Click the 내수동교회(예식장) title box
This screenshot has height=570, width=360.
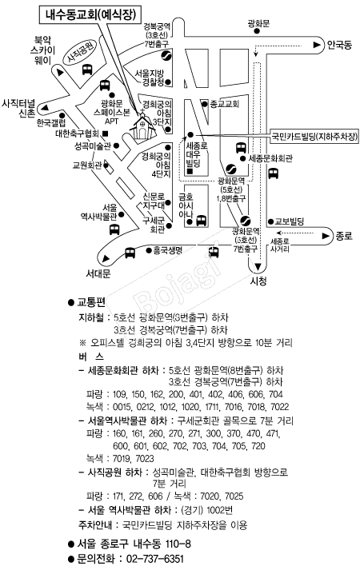point(88,14)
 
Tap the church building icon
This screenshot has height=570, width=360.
point(142,126)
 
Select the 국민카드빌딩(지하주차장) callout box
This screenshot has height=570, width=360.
point(315,137)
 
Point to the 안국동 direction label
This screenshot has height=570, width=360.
point(339,45)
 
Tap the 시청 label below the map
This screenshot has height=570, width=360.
point(258,281)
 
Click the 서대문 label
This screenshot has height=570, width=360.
point(98,273)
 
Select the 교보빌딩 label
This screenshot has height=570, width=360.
point(290,221)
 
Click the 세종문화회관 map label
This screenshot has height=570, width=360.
point(270,158)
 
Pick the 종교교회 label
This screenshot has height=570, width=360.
point(224,104)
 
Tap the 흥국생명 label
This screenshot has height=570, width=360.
point(168,250)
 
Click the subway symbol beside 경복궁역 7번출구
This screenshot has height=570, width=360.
point(166,56)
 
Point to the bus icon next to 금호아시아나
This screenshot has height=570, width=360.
point(201,221)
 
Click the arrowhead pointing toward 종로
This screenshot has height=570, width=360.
point(326,237)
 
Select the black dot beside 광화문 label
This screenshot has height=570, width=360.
point(257,32)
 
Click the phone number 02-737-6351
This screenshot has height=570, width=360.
point(154,558)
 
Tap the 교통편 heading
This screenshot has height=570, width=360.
point(91,302)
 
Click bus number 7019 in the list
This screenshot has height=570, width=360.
point(122,458)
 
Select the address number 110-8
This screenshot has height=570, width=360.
point(178,544)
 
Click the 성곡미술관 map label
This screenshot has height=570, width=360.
point(92,146)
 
